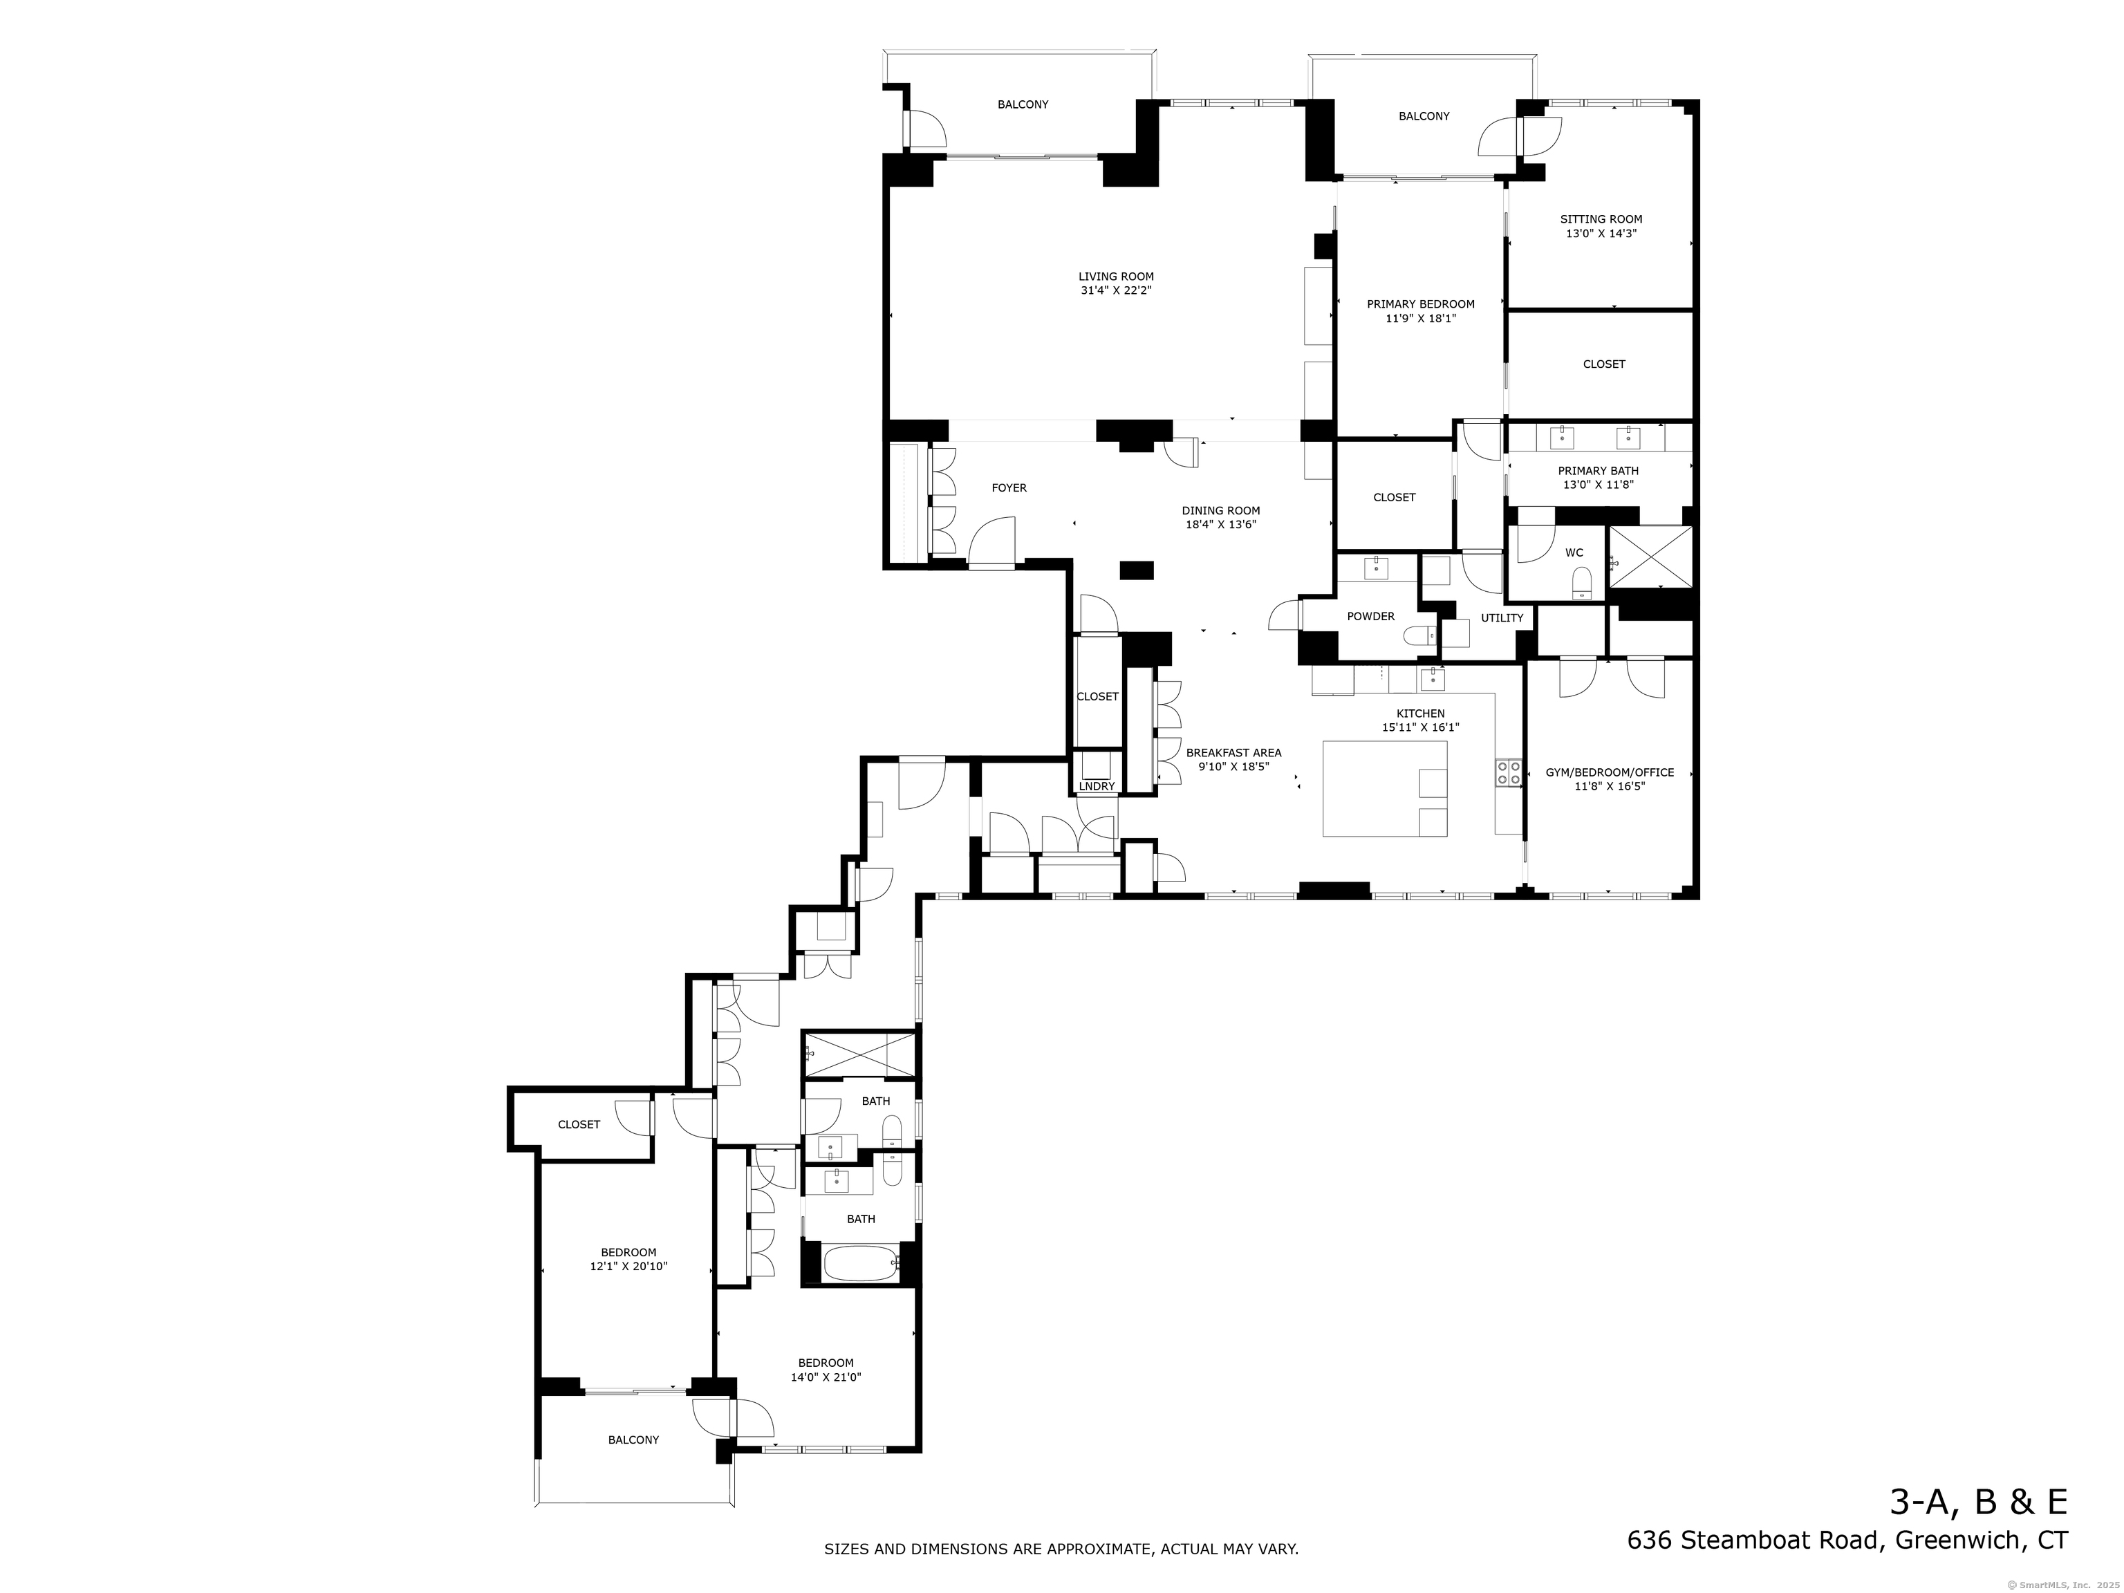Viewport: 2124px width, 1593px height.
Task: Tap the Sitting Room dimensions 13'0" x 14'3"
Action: [x=1600, y=233]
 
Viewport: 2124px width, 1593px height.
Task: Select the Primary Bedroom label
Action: [x=1420, y=304]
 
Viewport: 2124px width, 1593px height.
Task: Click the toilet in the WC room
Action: [x=1581, y=582]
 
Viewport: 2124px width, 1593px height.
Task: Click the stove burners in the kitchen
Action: [x=1507, y=773]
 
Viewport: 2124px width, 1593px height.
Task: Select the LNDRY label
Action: [x=1097, y=786]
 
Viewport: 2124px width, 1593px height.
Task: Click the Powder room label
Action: [x=1370, y=617]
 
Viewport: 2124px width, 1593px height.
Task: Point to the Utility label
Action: [x=1502, y=618]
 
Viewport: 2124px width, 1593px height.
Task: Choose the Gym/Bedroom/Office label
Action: [x=1610, y=772]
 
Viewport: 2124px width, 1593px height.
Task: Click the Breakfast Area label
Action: [x=1233, y=753]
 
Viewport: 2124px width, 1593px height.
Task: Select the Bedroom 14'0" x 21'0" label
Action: [x=826, y=1363]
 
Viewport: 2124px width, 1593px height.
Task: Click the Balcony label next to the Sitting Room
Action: [x=1423, y=116]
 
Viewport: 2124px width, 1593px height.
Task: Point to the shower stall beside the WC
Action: [x=1650, y=555]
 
